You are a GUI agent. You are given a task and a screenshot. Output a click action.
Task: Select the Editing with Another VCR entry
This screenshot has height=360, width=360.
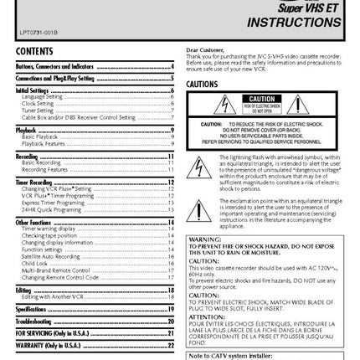point(54,296)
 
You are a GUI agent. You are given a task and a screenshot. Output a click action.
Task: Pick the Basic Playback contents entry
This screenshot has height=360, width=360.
point(41,136)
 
